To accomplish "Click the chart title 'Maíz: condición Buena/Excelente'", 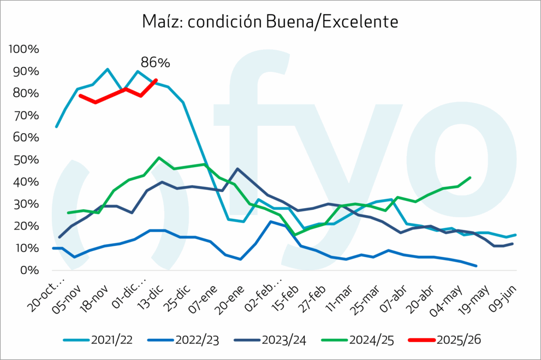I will [x=269, y=22].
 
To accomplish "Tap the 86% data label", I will [x=155, y=62].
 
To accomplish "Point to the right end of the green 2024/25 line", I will [x=470, y=178].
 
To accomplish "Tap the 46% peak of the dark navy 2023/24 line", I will [x=237, y=169].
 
